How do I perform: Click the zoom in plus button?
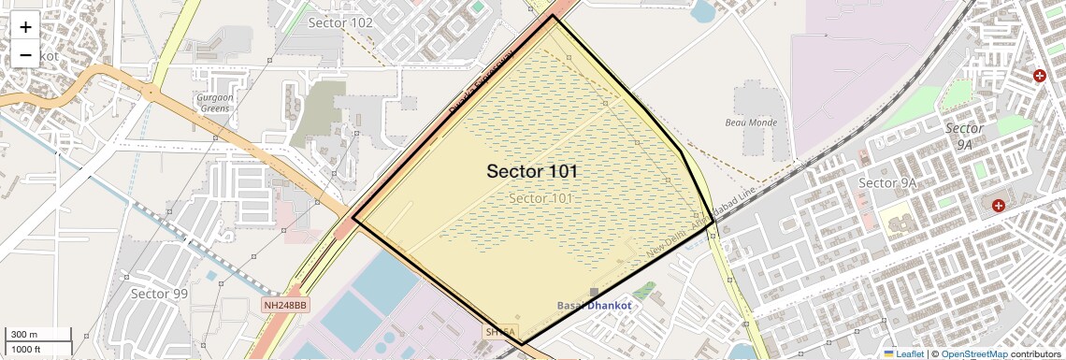coord(25,26)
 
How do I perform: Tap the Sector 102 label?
coord(340,22)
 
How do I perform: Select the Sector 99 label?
coord(159,294)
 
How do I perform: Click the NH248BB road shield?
coord(285,306)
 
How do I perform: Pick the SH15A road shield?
coord(499,332)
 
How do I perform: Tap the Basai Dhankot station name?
coord(595,306)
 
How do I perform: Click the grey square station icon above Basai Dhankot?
coord(594,293)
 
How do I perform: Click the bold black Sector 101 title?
coord(532,172)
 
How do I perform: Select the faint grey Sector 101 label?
coord(540,198)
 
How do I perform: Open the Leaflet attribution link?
coord(903,354)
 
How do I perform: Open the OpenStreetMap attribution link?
coord(973,354)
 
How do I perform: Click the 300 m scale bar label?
coord(24,335)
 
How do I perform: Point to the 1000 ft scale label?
coord(26,349)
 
